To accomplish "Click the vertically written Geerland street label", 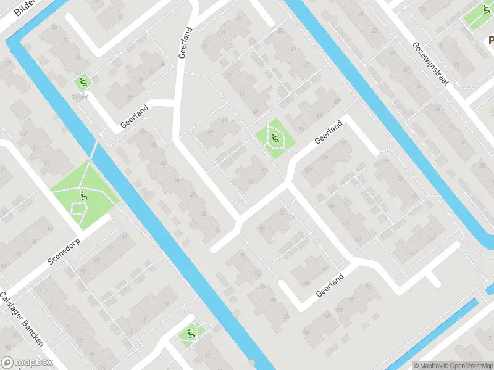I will (x=185, y=43).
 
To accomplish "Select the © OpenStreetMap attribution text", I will (x=470, y=366).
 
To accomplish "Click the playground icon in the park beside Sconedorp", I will (x=83, y=197).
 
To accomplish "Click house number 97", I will (x=359, y=240).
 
